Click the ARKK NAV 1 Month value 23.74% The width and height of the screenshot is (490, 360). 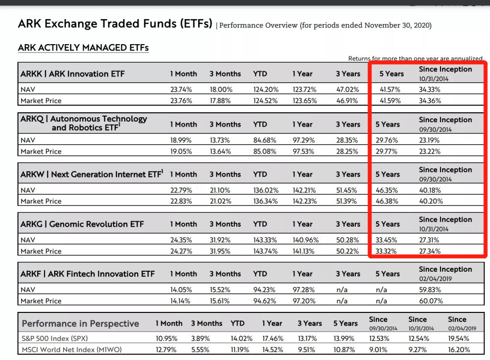[181, 89]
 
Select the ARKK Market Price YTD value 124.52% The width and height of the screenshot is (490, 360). [265, 101]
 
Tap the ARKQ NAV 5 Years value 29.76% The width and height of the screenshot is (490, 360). [387, 140]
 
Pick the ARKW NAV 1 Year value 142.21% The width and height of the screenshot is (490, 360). [304, 190]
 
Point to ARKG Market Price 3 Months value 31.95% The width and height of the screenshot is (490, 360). [220, 251]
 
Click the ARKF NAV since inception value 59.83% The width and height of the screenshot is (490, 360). [430, 290]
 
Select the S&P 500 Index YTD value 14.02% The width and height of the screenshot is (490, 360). [241, 338]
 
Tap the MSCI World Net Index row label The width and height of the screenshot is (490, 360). [72, 349]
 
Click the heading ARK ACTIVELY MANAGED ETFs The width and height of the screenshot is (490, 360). [83, 48]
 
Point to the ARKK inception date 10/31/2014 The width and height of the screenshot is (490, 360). [434, 79]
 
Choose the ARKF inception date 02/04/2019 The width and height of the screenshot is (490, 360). [435, 279]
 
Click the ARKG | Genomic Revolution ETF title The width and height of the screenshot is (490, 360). [82, 224]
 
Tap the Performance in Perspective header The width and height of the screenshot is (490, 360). [80, 323]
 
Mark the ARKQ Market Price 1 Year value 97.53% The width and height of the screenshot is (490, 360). [303, 152]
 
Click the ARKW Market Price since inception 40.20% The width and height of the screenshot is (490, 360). [431, 201]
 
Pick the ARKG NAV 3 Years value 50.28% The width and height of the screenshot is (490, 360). [347, 240]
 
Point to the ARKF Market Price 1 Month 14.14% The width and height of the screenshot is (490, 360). [180, 301]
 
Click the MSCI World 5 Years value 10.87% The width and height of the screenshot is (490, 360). [344, 350]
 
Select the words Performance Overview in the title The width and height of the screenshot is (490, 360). [258, 26]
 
